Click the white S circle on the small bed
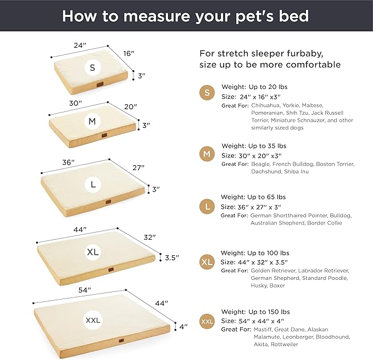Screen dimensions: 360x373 (x=92, y=67)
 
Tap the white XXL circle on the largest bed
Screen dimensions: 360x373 (x=93, y=319)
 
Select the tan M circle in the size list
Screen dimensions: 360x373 (x=207, y=154)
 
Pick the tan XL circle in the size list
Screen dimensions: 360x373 (x=207, y=262)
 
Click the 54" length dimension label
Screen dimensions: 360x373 (x=85, y=290)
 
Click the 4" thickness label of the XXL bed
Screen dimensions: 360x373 (x=183, y=326)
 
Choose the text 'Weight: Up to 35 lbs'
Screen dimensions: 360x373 (x=253, y=146)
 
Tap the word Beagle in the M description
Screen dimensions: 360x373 (x=261, y=164)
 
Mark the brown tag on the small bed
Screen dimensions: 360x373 (x=99, y=85)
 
